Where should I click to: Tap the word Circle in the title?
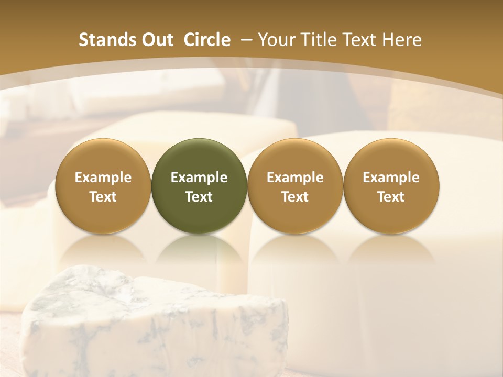tap(207, 40)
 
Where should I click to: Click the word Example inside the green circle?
tap(199, 178)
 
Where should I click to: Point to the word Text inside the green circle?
tap(199, 197)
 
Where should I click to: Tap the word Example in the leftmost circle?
tap(103, 178)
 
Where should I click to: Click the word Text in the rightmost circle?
tap(391, 197)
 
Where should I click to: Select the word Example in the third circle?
tap(295, 178)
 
